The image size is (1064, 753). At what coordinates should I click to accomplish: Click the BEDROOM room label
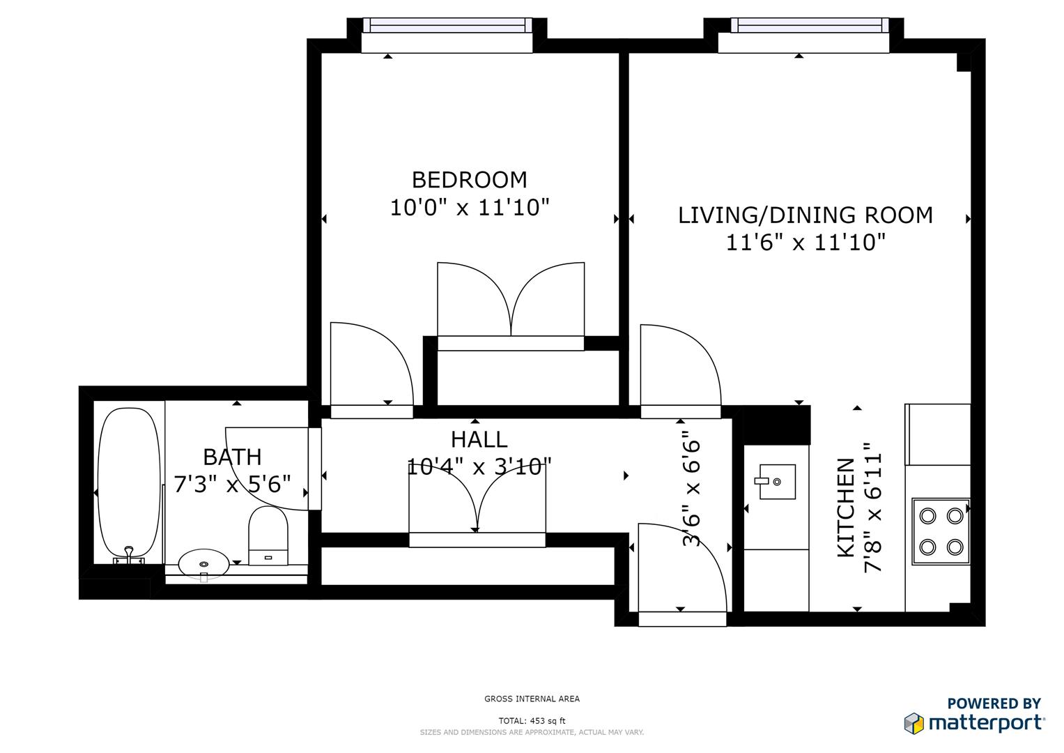coord(469,180)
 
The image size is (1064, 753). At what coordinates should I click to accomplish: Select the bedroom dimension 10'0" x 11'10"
coord(469,208)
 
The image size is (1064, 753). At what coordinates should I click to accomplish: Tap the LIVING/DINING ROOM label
coord(805,215)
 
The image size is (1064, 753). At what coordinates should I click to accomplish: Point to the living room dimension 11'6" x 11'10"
coord(805,243)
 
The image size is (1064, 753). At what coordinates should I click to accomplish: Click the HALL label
coord(479,439)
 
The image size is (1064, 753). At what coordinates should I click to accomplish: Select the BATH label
coord(232,457)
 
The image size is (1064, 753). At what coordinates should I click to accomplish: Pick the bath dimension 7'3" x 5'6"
coord(232,484)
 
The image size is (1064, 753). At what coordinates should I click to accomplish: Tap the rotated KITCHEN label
coord(845,508)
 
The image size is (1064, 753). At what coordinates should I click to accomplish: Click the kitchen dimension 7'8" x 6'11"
coord(873,508)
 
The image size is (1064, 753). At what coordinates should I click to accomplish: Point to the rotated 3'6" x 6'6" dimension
coord(691,492)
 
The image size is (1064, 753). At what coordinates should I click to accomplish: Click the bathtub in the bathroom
coord(128,482)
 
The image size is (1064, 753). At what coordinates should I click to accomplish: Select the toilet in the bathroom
coord(268,535)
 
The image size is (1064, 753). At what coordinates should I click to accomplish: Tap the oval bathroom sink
coord(203,563)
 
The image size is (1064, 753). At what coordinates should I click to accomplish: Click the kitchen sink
coord(776,482)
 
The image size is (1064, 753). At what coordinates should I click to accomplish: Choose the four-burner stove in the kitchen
coord(941,531)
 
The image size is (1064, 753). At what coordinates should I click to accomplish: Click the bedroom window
coord(447,26)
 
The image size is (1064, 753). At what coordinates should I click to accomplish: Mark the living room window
coord(810,26)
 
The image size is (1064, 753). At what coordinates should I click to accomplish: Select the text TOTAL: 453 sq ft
coord(532,721)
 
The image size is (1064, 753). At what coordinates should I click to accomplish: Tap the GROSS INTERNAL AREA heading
coord(532,699)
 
